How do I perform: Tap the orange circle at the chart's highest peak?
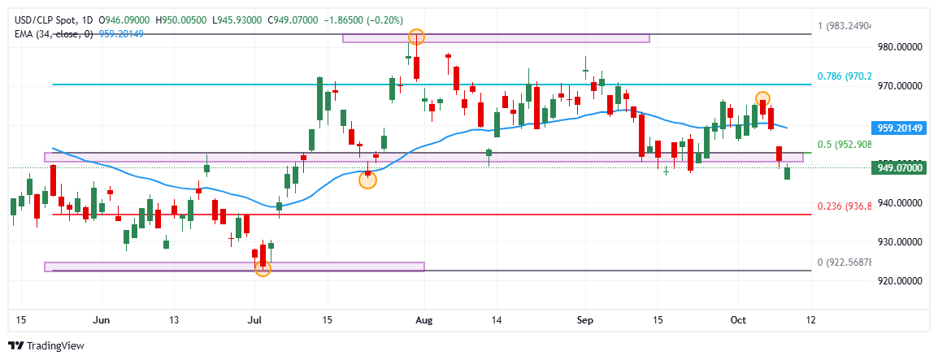416,37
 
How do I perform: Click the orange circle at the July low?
263,267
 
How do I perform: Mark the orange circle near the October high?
762,99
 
